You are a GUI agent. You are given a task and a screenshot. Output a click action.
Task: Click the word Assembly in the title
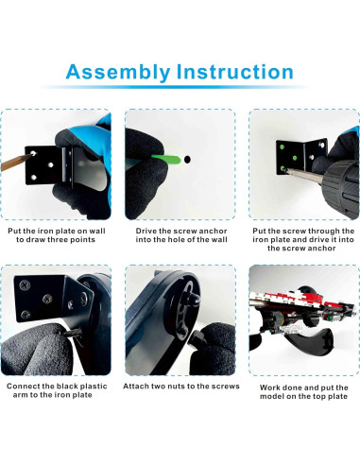[118, 73]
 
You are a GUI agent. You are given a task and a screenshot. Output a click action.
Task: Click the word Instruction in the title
[235, 72]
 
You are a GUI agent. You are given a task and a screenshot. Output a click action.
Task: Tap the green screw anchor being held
[165, 159]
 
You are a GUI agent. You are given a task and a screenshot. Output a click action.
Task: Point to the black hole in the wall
[187, 160]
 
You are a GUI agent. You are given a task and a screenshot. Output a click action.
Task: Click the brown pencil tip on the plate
[16, 162]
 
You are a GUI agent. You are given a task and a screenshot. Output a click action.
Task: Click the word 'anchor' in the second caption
[213, 231]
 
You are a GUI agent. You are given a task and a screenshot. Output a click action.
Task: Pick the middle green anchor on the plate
[295, 158]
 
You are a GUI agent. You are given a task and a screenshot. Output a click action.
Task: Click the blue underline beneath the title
[176, 87]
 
